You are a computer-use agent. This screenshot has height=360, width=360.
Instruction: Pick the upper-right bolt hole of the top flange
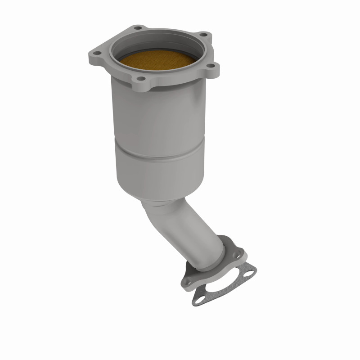click(x=203, y=35)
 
